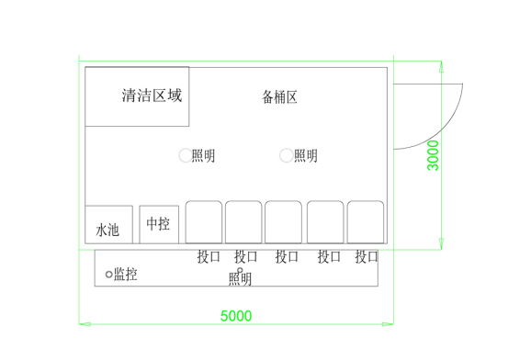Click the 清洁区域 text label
[152, 95]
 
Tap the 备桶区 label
[279, 96]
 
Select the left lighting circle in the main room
[185, 156]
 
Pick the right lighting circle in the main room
[287, 156]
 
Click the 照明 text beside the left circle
[204, 156]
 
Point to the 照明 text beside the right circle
[306, 156]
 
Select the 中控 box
[158, 222]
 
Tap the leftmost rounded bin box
[204, 223]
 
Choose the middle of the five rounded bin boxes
[284, 223]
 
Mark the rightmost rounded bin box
[365, 223]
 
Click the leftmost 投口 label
[209, 257]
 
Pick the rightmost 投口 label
[367, 257]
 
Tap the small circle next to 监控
[109, 274]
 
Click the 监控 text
[126, 274]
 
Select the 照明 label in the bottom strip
[241, 278]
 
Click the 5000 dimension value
[236, 316]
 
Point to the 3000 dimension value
[434, 155]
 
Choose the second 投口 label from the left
[246, 257]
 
